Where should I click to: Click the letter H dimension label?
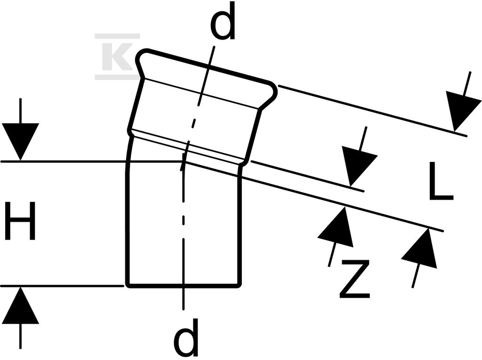pyautogui.click(x=20, y=220)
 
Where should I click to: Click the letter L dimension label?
pyautogui.click(x=441, y=181)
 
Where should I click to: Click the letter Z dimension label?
pyautogui.click(x=354, y=279)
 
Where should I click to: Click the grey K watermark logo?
pyautogui.click(x=117, y=57)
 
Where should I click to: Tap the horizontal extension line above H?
pyautogui.click(x=92, y=161)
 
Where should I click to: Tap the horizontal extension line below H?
pyautogui.click(x=62, y=286)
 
